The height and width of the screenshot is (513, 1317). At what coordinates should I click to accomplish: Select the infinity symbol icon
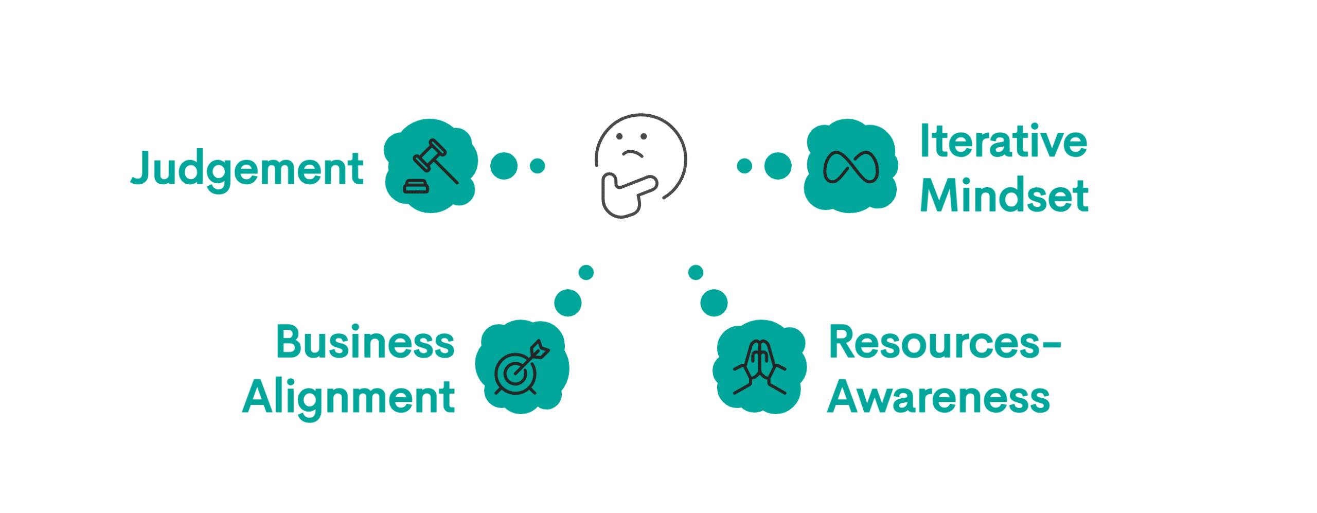(851, 167)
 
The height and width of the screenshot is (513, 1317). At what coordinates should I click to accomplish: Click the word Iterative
(1003, 141)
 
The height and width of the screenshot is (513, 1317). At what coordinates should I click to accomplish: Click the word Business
(365, 342)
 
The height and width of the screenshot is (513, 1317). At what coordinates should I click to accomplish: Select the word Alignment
(349, 397)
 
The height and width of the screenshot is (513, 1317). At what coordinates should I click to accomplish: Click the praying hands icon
(760, 366)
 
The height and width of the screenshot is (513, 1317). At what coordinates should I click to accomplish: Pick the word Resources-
(945, 343)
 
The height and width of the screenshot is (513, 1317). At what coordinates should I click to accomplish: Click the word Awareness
(938, 397)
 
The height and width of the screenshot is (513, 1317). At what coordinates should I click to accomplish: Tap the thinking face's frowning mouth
(632, 153)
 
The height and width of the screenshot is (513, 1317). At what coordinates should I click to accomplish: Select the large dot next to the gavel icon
(504, 166)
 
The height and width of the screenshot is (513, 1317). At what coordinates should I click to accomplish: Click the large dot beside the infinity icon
(778, 166)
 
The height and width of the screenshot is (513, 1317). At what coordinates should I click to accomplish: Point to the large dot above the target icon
(568, 303)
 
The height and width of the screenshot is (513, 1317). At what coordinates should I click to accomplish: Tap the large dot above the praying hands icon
(714, 303)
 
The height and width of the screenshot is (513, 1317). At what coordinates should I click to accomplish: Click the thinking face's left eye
(620, 136)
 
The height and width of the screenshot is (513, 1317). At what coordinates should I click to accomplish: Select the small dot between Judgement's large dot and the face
(537, 166)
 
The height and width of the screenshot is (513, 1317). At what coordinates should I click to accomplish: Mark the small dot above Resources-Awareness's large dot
(696, 272)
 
